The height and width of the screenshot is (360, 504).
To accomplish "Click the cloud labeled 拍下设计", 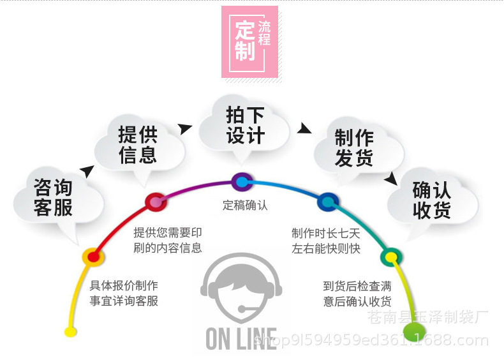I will click(x=245, y=125).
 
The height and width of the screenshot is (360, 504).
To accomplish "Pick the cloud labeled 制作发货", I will click(x=354, y=147).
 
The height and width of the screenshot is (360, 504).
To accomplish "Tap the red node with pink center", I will click(x=155, y=202).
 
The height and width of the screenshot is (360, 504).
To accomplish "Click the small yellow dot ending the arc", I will click(x=70, y=331).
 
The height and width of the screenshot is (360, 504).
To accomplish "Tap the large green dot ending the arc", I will click(x=414, y=331).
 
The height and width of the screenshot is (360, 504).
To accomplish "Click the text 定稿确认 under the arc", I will click(x=245, y=206).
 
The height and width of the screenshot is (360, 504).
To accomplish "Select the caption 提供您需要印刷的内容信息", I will click(x=168, y=240).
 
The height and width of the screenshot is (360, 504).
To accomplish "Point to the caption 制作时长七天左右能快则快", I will click(x=326, y=241).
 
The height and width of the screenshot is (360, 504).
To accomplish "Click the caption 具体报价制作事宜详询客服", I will click(x=124, y=293).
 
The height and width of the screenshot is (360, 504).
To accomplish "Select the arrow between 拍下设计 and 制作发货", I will click(x=304, y=129).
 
